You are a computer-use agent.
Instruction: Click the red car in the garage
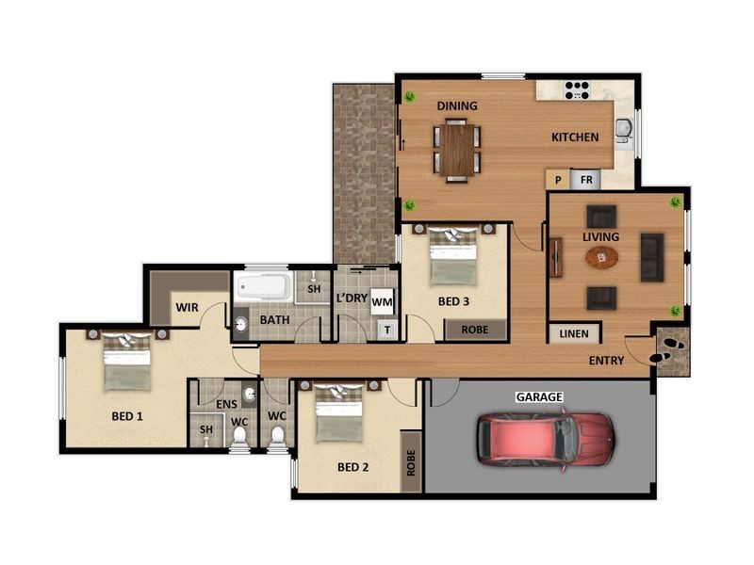(545, 439)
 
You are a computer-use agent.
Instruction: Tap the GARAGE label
(538, 397)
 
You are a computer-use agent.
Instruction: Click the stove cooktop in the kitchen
(577, 90)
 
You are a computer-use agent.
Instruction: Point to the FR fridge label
(585, 180)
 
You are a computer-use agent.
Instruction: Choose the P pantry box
(558, 180)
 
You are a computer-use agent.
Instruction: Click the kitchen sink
(623, 130)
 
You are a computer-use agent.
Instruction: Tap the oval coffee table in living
(600, 257)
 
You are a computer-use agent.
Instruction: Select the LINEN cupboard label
(573, 333)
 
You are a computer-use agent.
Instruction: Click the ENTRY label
(606, 361)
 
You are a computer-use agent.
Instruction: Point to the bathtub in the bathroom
(264, 286)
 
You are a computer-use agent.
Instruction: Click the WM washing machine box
(381, 301)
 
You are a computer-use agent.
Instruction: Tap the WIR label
(186, 307)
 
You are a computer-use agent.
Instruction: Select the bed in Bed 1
(126, 362)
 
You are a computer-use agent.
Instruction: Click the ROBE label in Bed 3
(474, 330)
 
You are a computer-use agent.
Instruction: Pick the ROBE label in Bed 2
(411, 461)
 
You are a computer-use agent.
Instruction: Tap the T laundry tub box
(386, 330)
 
